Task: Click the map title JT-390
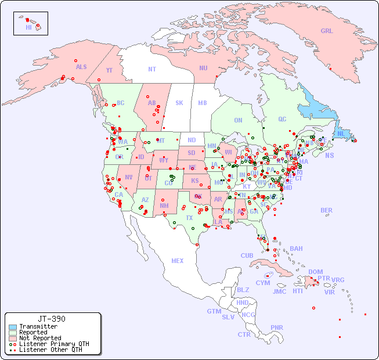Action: [x=52, y=319]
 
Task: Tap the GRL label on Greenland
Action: [x=327, y=31]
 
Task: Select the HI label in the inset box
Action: [x=28, y=27]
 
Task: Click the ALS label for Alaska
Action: [x=81, y=67]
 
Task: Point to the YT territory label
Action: [x=109, y=70]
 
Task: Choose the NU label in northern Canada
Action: [x=203, y=68]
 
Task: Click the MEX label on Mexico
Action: [x=178, y=261]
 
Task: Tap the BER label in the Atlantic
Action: [x=327, y=210]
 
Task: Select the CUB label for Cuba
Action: [x=247, y=255]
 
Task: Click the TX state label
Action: [x=189, y=218]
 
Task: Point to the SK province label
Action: [x=179, y=103]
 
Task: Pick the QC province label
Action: [x=282, y=119]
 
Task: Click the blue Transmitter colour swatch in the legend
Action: [x=12, y=327]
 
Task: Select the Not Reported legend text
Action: [x=40, y=338]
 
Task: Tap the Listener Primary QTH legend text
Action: [x=54, y=344]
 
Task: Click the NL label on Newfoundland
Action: [x=341, y=134]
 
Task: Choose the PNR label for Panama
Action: [x=277, y=327]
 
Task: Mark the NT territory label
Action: [x=152, y=69]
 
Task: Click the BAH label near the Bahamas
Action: [x=296, y=249]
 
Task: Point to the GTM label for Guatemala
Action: [x=214, y=311]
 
